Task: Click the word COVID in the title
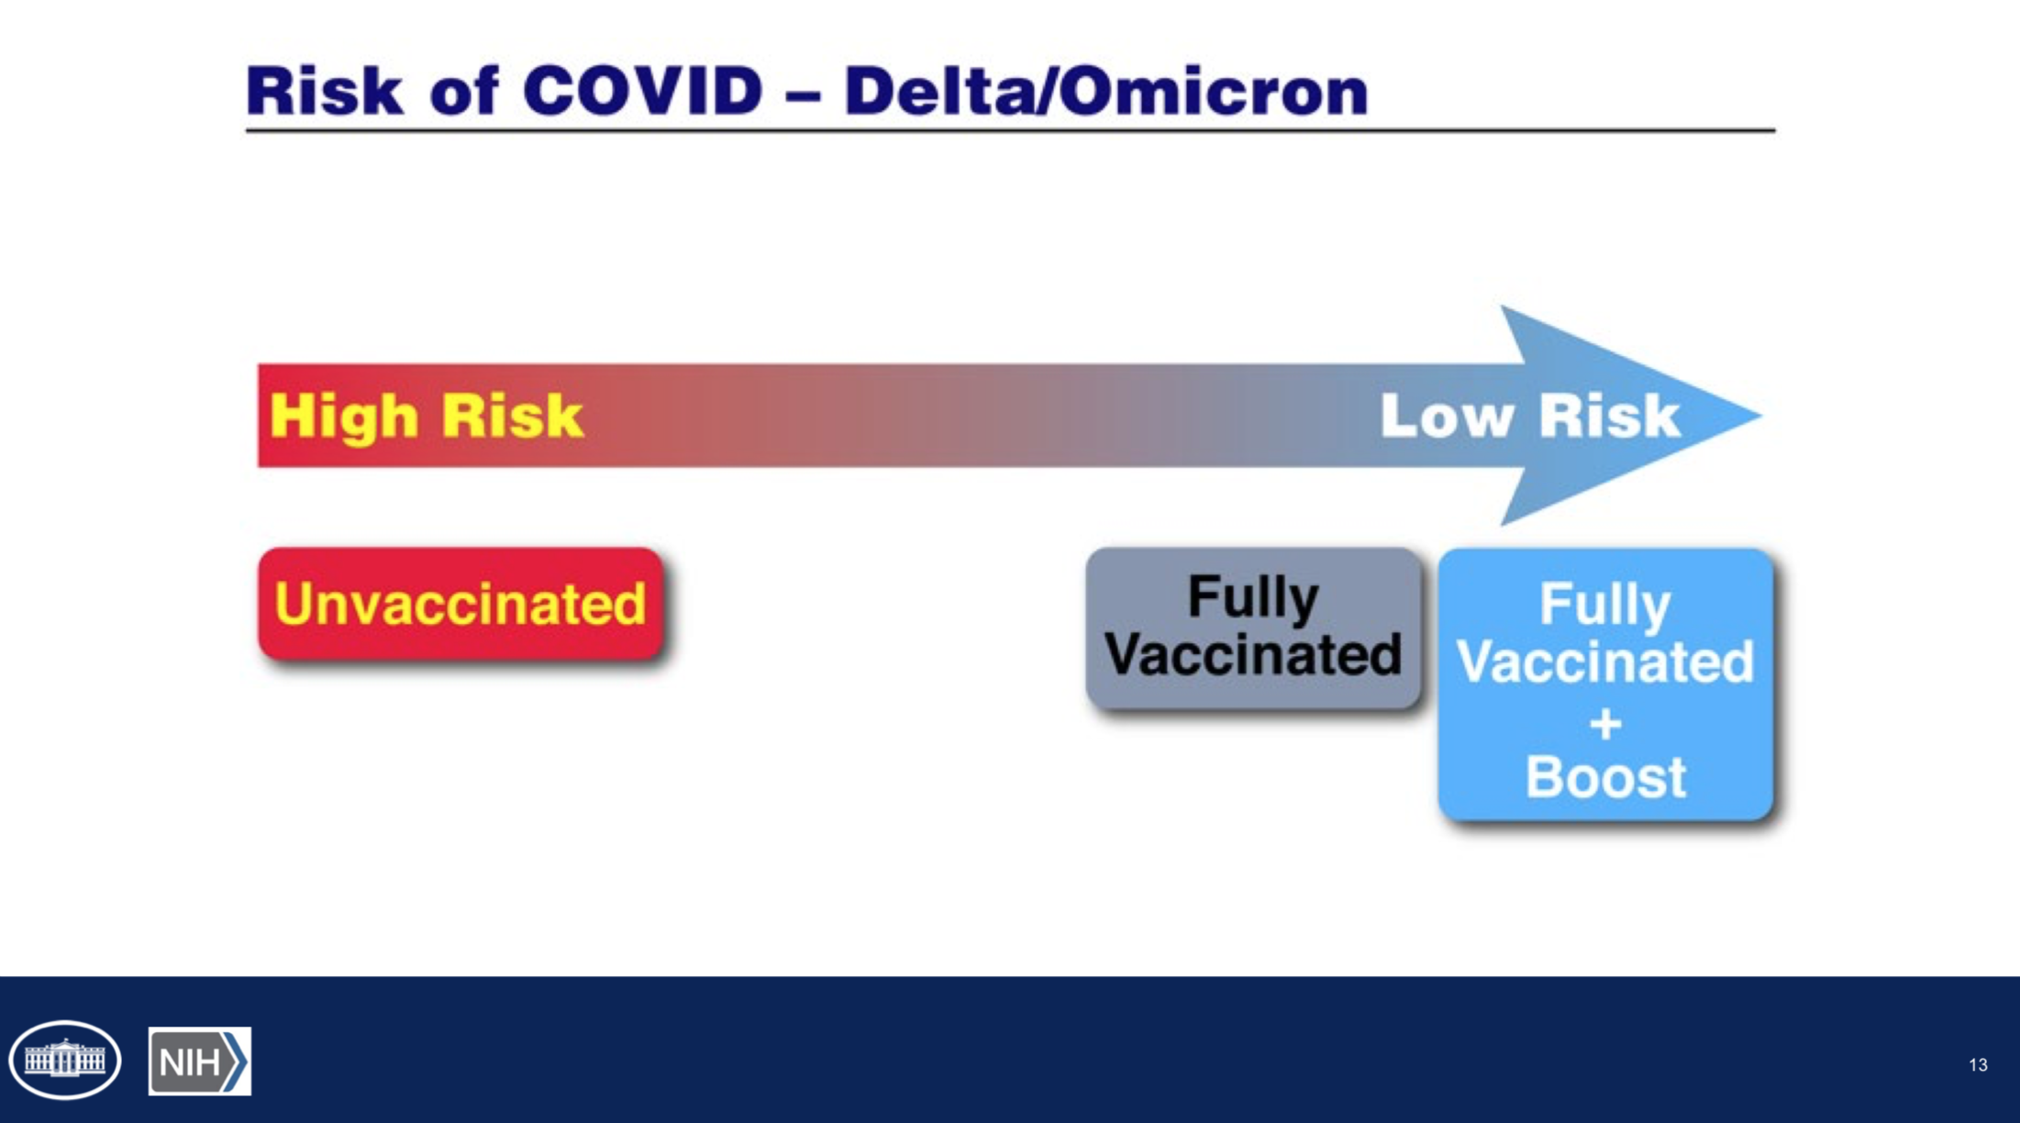643,91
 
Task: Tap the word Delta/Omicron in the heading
1106,91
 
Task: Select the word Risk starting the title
324,91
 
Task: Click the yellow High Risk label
426,416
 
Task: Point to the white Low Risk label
1530,416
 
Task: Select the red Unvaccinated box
461,604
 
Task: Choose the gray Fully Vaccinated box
1253,628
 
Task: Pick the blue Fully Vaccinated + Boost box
1605,684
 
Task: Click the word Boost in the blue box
1605,777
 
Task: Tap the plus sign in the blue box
1605,725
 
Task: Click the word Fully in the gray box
1253,598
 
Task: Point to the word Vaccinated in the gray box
1253,654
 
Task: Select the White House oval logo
65,1060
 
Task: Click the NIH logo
200,1062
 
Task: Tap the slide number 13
1978,1065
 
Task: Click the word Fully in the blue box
1605,606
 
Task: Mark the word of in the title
463,91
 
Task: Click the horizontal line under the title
1010,131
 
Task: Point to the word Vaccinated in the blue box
1605,662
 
